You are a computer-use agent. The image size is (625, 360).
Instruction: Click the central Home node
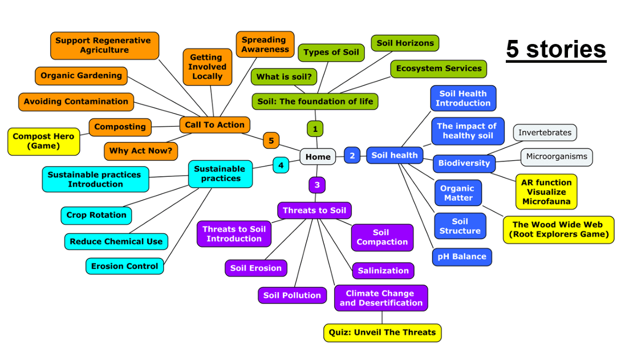pos(318,157)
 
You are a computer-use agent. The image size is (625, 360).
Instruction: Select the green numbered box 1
pos(315,129)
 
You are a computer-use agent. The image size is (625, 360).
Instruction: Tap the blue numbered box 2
pos(352,155)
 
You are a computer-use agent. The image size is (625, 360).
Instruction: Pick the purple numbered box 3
pos(317,185)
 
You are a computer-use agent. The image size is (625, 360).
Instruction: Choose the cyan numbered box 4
pos(281,165)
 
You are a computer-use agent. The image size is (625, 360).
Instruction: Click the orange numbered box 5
pos(271,140)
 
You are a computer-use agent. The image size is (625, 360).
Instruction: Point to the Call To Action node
pos(214,125)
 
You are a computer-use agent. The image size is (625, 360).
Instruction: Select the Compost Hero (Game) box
pos(44,141)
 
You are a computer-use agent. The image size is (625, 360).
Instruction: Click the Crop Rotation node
pos(96,215)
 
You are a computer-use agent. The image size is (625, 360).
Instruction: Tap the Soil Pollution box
pos(292,295)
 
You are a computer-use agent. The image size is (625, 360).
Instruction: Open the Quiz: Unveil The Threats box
pos(382,332)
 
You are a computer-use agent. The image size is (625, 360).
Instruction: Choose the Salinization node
pos(383,270)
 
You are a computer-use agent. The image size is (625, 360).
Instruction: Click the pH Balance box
pos(462,257)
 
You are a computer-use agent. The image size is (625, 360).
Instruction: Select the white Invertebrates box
pos(545,133)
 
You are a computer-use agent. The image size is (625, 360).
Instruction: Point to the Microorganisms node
pos(557,157)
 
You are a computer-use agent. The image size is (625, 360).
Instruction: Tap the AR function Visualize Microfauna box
pos(546,192)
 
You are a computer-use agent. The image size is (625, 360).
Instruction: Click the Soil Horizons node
pos(405,43)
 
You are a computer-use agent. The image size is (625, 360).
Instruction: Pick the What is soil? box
pos(284,77)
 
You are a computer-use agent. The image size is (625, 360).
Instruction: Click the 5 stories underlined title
pos(556,50)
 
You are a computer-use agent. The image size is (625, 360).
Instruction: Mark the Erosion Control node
pos(125,266)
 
